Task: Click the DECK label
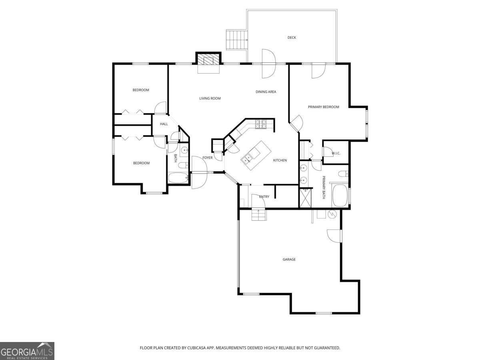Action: point(292,38)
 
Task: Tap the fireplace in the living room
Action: point(208,60)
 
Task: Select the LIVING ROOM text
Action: point(210,98)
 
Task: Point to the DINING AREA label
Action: point(266,92)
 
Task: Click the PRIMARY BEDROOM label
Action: point(323,107)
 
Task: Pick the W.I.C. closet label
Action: point(336,153)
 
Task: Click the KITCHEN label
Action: point(280,160)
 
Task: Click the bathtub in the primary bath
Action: point(340,196)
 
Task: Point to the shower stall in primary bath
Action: point(305,198)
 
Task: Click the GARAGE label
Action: point(289,260)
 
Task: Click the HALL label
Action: point(164,124)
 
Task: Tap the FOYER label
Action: point(208,158)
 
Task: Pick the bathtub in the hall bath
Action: point(178,178)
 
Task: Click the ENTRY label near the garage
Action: point(264,197)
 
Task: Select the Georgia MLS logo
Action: point(27,351)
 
